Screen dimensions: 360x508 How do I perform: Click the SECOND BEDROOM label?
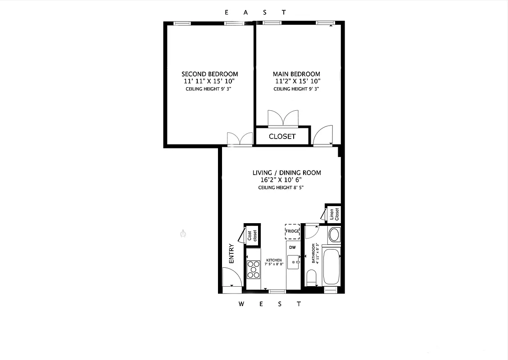click(x=209, y=74)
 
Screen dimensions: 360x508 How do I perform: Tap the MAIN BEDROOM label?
click(x=296, y=74)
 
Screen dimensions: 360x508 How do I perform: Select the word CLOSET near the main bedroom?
click(x=282, y=136)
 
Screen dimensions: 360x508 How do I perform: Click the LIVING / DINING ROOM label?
click(x=286, y=173)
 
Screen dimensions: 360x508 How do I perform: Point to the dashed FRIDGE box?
click(x=292, y=231)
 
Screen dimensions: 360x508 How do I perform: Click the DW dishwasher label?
click(x=292, y=247)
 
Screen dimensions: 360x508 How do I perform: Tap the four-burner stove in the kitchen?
click(x=254, y=270)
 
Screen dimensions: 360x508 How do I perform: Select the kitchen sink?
click(x=295, y=261)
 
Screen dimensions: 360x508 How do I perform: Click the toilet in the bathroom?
click(x=312, y=277)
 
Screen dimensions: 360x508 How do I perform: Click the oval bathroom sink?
click(x=334, y=235)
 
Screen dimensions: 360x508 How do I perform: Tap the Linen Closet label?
click(x=334, y=214)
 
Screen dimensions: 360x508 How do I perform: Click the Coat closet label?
click(x=252, y=235)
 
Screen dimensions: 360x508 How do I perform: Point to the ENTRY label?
click(x=232, y=254)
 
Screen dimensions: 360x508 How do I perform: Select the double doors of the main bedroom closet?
click(x=282, y=118)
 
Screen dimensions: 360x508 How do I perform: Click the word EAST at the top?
click(x=254, y=12)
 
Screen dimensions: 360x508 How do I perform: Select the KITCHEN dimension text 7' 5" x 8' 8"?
click(x=274, y=265)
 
